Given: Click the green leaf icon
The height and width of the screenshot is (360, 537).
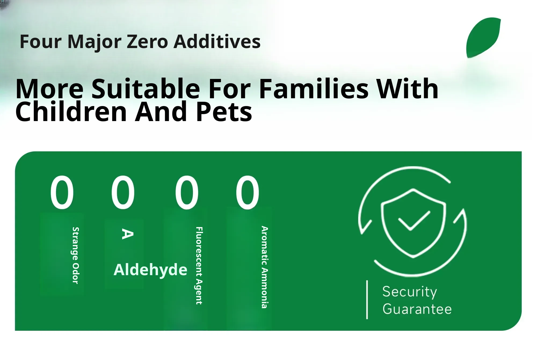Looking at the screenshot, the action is click(x=483, y=38).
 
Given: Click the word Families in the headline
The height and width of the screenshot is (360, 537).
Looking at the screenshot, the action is click(x=314, y=89).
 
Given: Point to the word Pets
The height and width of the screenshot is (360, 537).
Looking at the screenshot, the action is click(x=224, y=112).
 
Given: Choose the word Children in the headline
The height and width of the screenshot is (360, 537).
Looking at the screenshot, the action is click(x=71, y=112).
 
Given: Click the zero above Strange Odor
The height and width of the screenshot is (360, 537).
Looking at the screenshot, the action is click(x=62, y=192).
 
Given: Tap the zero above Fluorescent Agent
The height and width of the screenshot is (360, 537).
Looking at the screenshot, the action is click(x=187, y=192).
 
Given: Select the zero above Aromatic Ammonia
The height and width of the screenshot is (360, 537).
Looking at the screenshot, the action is click(x=248, y=192).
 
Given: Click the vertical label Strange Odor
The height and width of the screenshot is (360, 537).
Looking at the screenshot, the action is click(x=75, y=255).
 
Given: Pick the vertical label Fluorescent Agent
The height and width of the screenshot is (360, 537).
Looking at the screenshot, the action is click(x=199, y=266).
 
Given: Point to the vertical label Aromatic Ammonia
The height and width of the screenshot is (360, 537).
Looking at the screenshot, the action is click(x=265, y=267).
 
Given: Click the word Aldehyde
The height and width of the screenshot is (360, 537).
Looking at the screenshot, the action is click(x=150, y=270).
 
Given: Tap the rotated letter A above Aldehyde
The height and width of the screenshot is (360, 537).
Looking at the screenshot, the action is click(x=128, y=234).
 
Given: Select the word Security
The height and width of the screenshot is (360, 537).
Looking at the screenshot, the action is click(x=410, y=292).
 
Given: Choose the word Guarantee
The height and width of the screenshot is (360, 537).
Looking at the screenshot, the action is click(x=417, y=309).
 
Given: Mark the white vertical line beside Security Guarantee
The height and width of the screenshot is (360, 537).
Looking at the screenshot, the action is click(x=367, y=300).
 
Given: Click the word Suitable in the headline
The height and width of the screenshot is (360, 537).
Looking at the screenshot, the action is click(x=146, y=89).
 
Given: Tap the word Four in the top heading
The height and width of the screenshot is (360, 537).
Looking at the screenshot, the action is click(x=41, y=42).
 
